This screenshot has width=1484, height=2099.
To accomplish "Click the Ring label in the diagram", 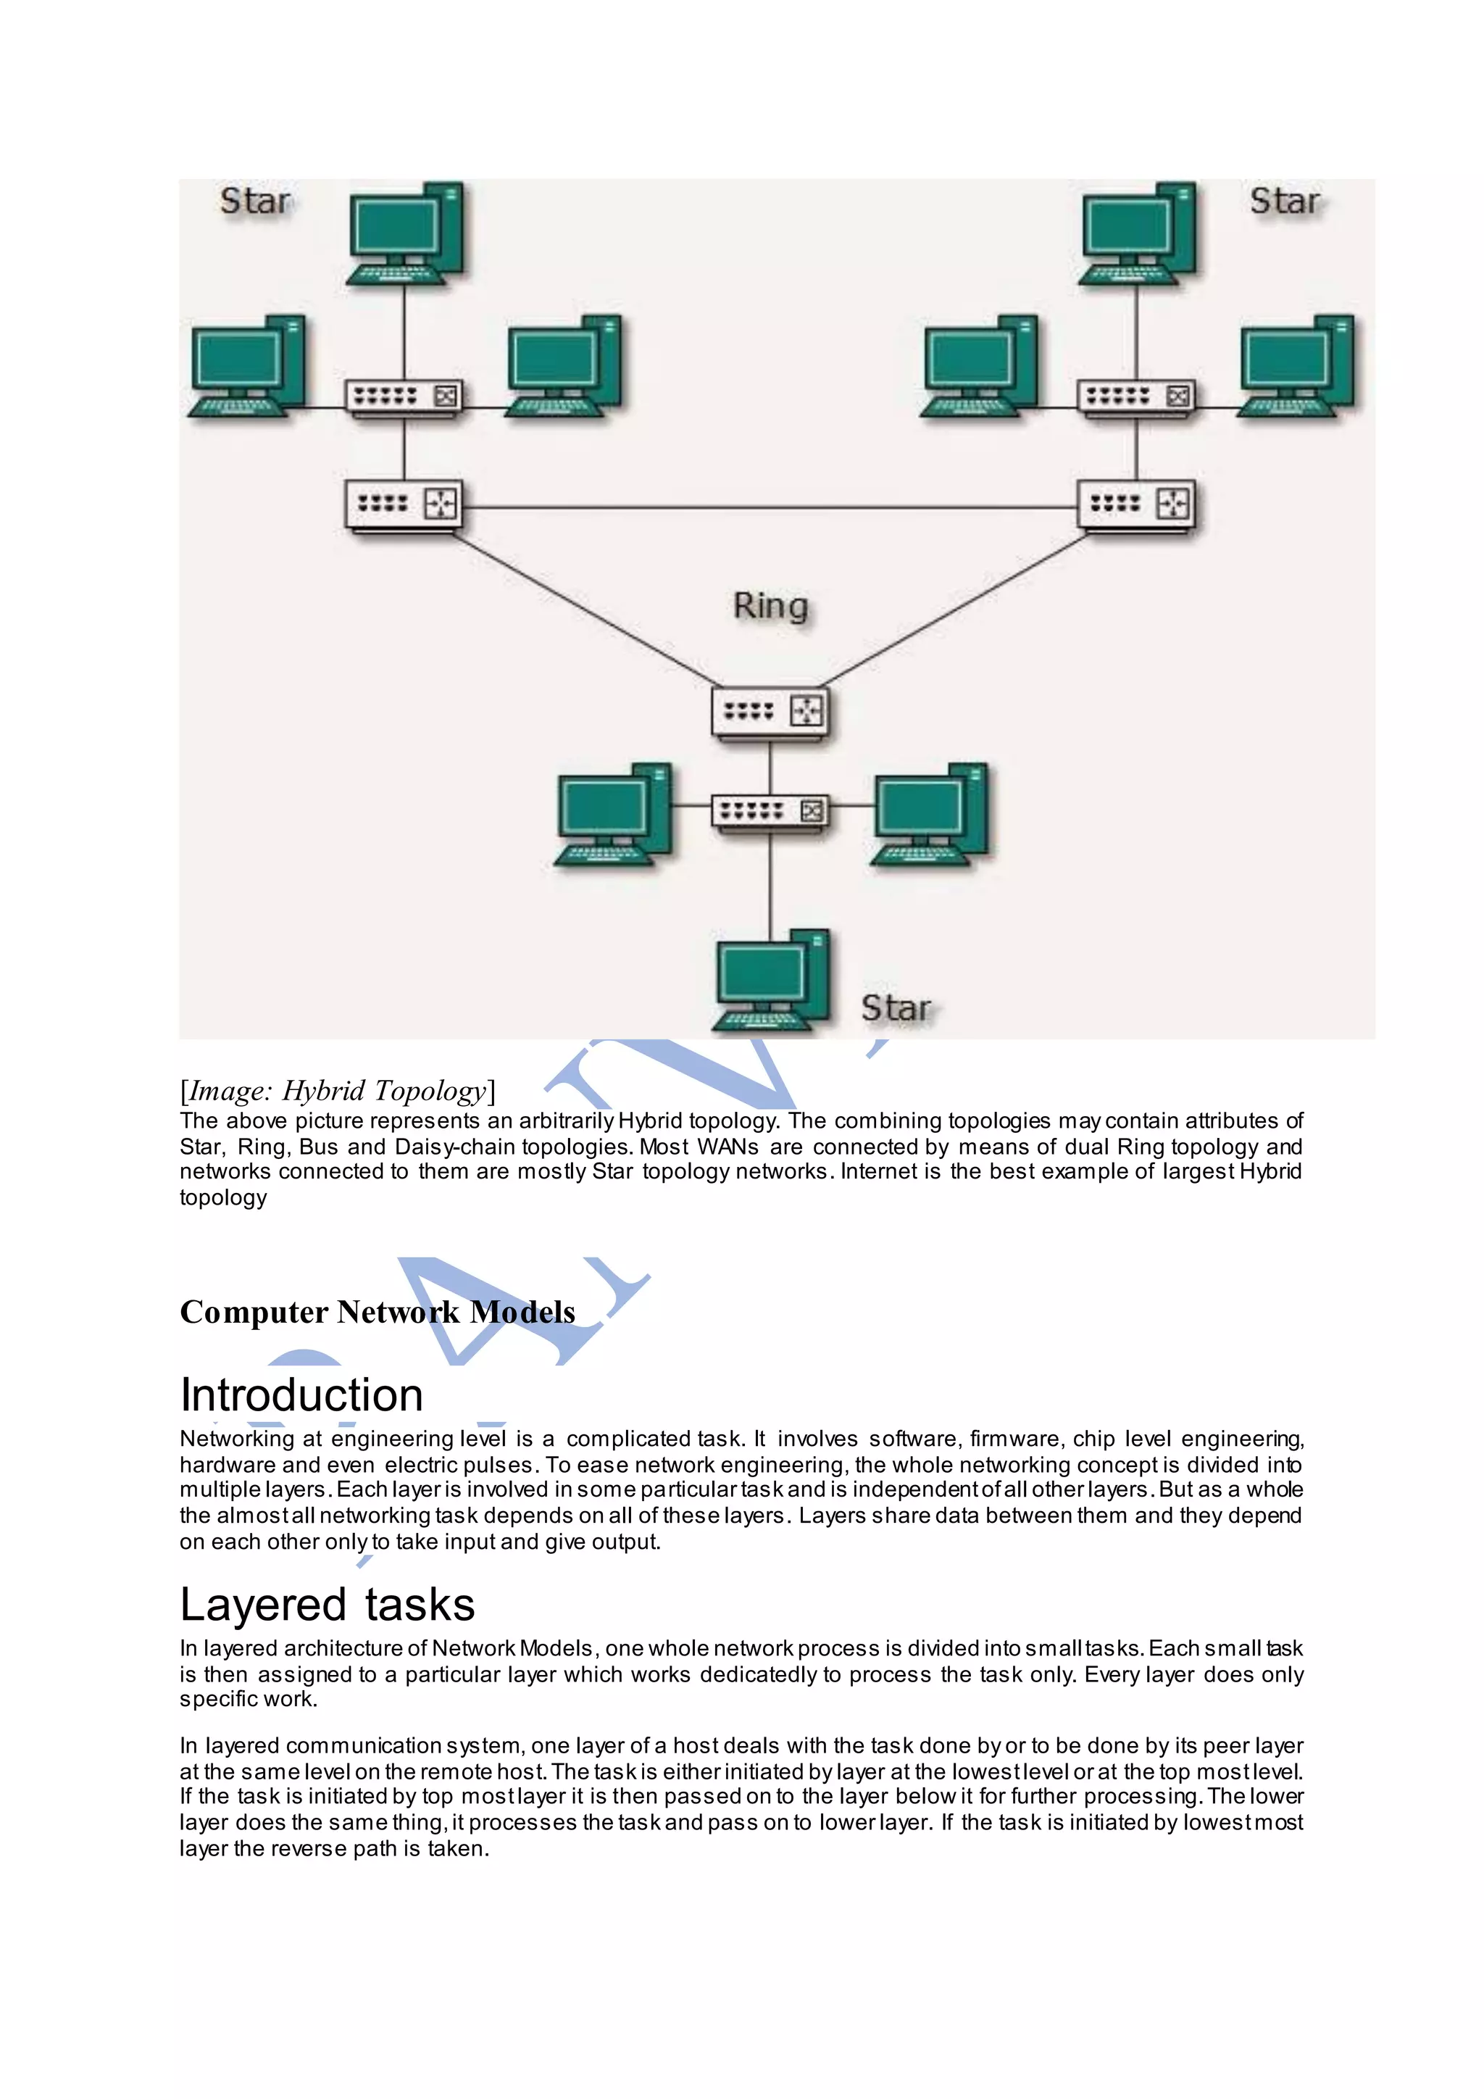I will point(770,606).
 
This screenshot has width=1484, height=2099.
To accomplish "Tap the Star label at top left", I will point(255,201).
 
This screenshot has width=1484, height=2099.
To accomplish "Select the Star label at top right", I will point(1284,201).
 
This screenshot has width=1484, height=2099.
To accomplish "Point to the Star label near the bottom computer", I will point(896,1007).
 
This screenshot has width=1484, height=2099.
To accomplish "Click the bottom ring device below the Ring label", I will point(770,711).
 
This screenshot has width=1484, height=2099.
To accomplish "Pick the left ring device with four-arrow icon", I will point(404,504).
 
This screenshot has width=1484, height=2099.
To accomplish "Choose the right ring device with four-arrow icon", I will point(1136,504).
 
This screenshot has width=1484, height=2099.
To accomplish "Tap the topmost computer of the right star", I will point(1137,234).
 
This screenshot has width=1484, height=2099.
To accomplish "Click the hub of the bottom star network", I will point(770,810).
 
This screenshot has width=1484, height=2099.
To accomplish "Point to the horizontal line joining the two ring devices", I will point(770,507).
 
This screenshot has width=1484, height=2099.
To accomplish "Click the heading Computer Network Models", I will point(378,1312).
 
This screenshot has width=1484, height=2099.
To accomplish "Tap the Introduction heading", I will point(301,1395).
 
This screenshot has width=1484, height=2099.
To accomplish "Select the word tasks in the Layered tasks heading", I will point(420,1605).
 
